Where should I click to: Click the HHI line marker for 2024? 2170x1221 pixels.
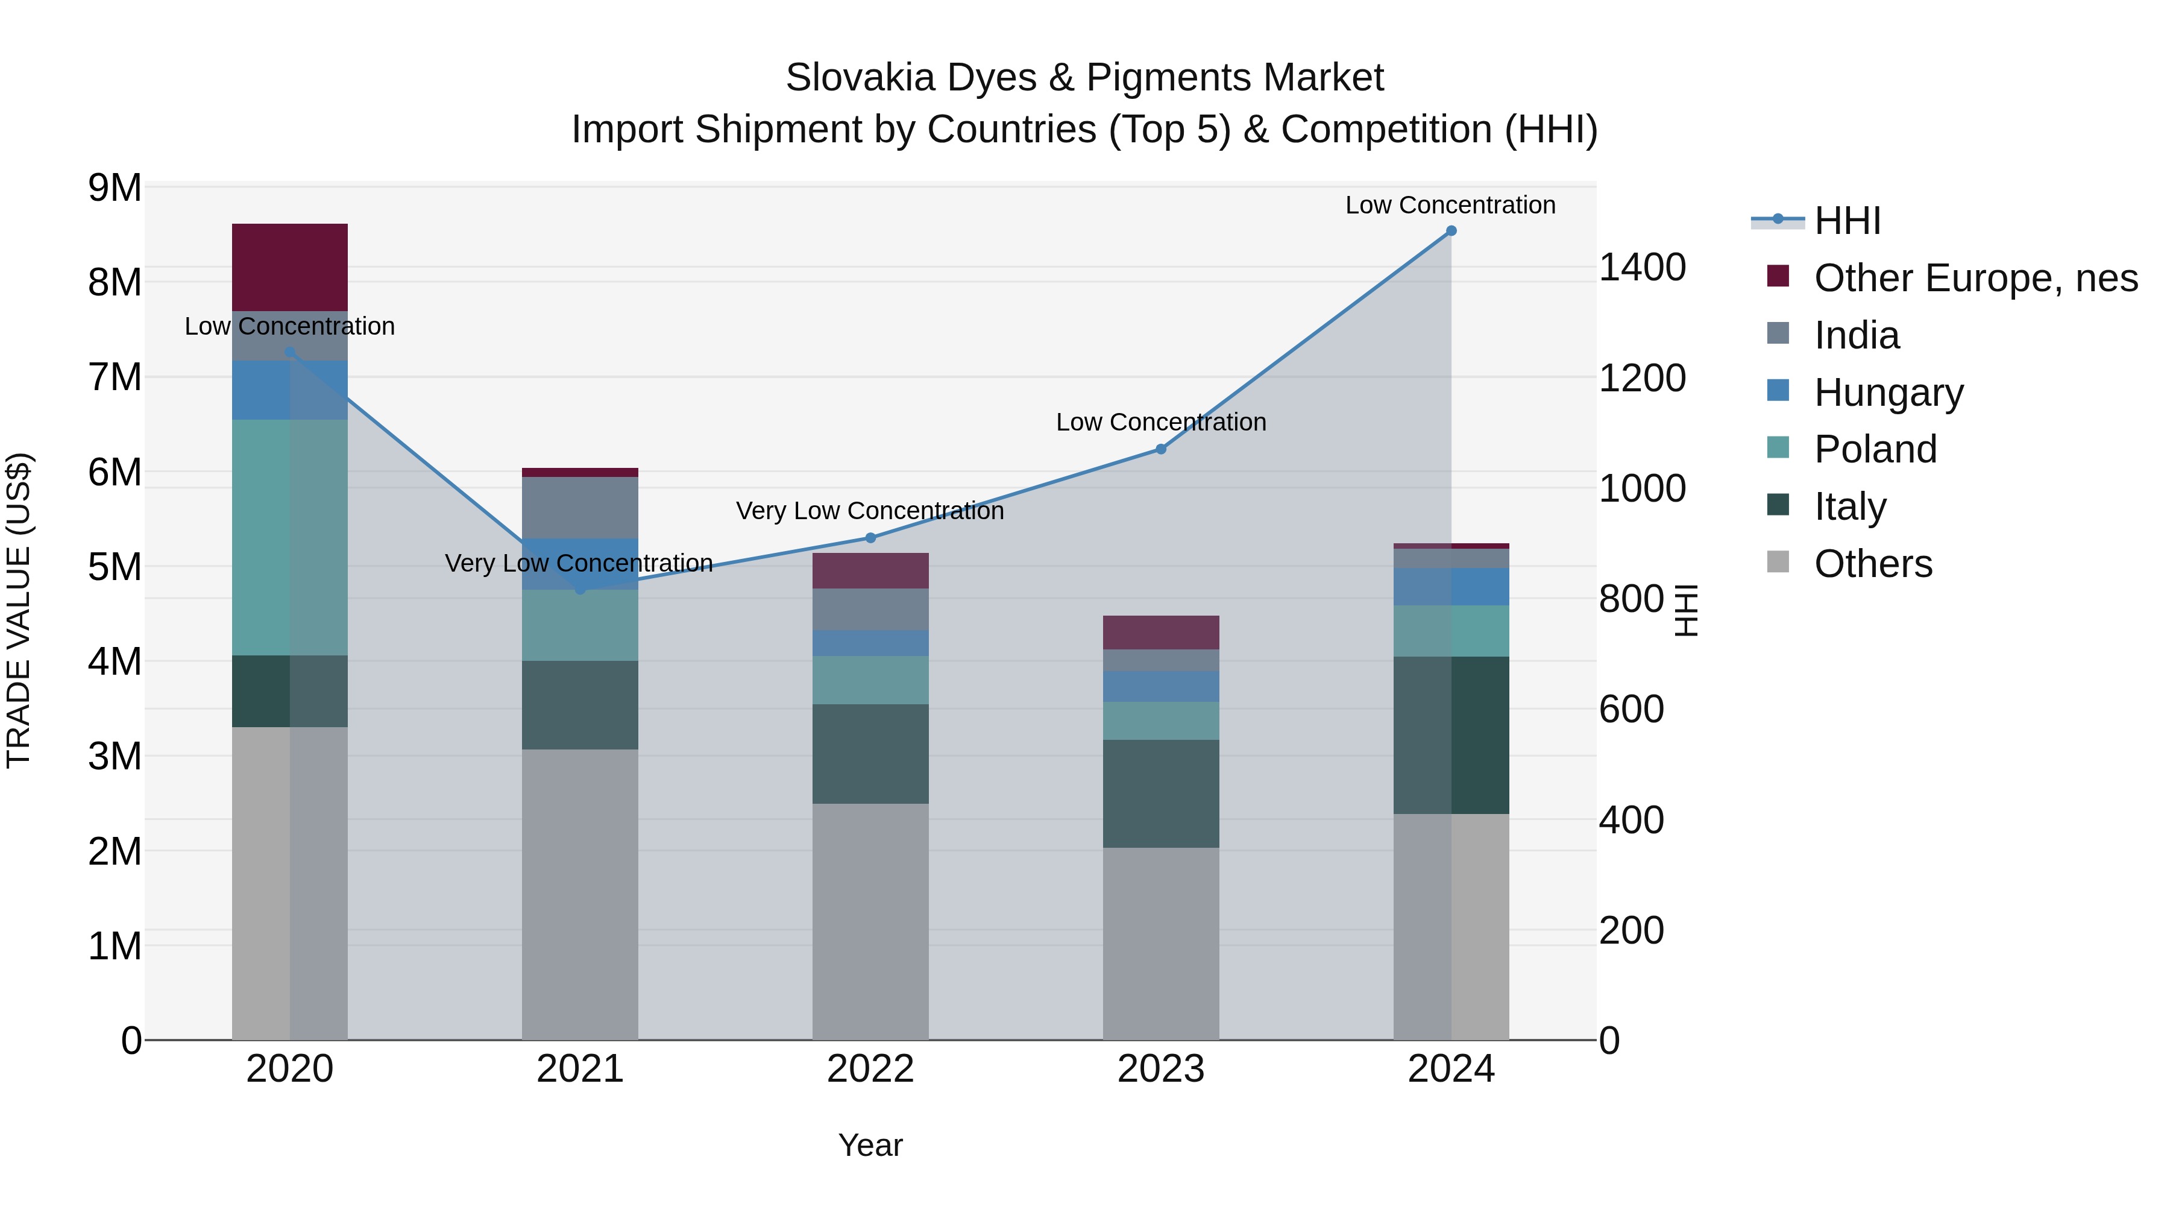[x=1451, y=231]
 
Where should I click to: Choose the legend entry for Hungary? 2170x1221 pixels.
[x=1888, y=392]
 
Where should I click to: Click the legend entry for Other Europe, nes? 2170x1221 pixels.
[x=1975, y=278]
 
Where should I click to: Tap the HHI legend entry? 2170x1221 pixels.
[x=1846, y=221]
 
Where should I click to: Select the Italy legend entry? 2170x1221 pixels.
[x=1849, y=506]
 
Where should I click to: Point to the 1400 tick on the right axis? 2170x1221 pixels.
[x=1642, y=267]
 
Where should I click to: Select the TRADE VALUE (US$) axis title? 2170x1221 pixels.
[x=19, y=610]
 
